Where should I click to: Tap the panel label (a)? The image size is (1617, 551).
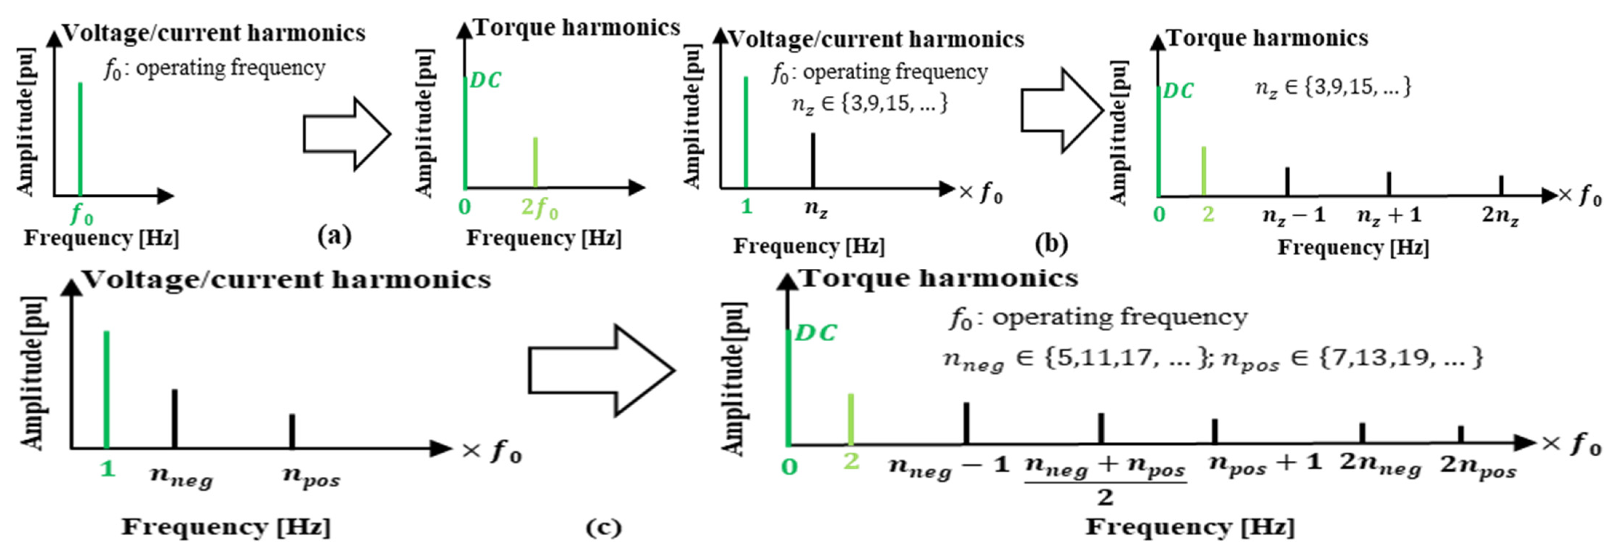[x=335, y=236]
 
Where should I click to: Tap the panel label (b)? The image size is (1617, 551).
[x=1051, y=243]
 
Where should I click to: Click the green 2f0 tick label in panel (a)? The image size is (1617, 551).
[x=539, y=208]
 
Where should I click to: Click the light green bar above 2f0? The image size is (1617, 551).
[x=535, y=162]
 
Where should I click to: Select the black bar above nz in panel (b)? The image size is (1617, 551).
[x=813, y=160]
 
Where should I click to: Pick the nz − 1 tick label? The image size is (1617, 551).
[x=1294, y=216]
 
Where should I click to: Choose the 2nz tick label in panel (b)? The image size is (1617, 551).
[x=1500, y=216]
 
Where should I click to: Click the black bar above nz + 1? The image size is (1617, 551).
[x=1388, y=184]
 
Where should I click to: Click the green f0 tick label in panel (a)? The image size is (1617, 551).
[x=81, y=216]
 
